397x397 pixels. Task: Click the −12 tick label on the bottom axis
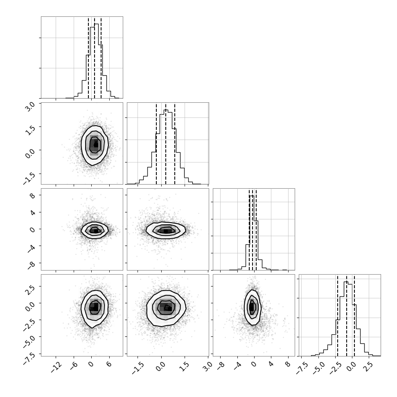click(56, 367)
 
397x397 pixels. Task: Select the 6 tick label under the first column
click(109, 364)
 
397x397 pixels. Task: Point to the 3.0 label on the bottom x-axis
click(208, 366)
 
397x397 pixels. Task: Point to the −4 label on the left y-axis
click(31, 249)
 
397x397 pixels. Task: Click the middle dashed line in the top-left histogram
click(95, 57)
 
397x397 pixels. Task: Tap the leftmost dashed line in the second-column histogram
click(156, 144)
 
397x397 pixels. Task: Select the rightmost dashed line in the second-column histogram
click(175, 144)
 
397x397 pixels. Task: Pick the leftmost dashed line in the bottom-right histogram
click(338, 315)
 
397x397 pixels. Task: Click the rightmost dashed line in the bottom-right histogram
click(354, 315)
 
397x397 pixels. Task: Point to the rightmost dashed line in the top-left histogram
click(101, 57)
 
